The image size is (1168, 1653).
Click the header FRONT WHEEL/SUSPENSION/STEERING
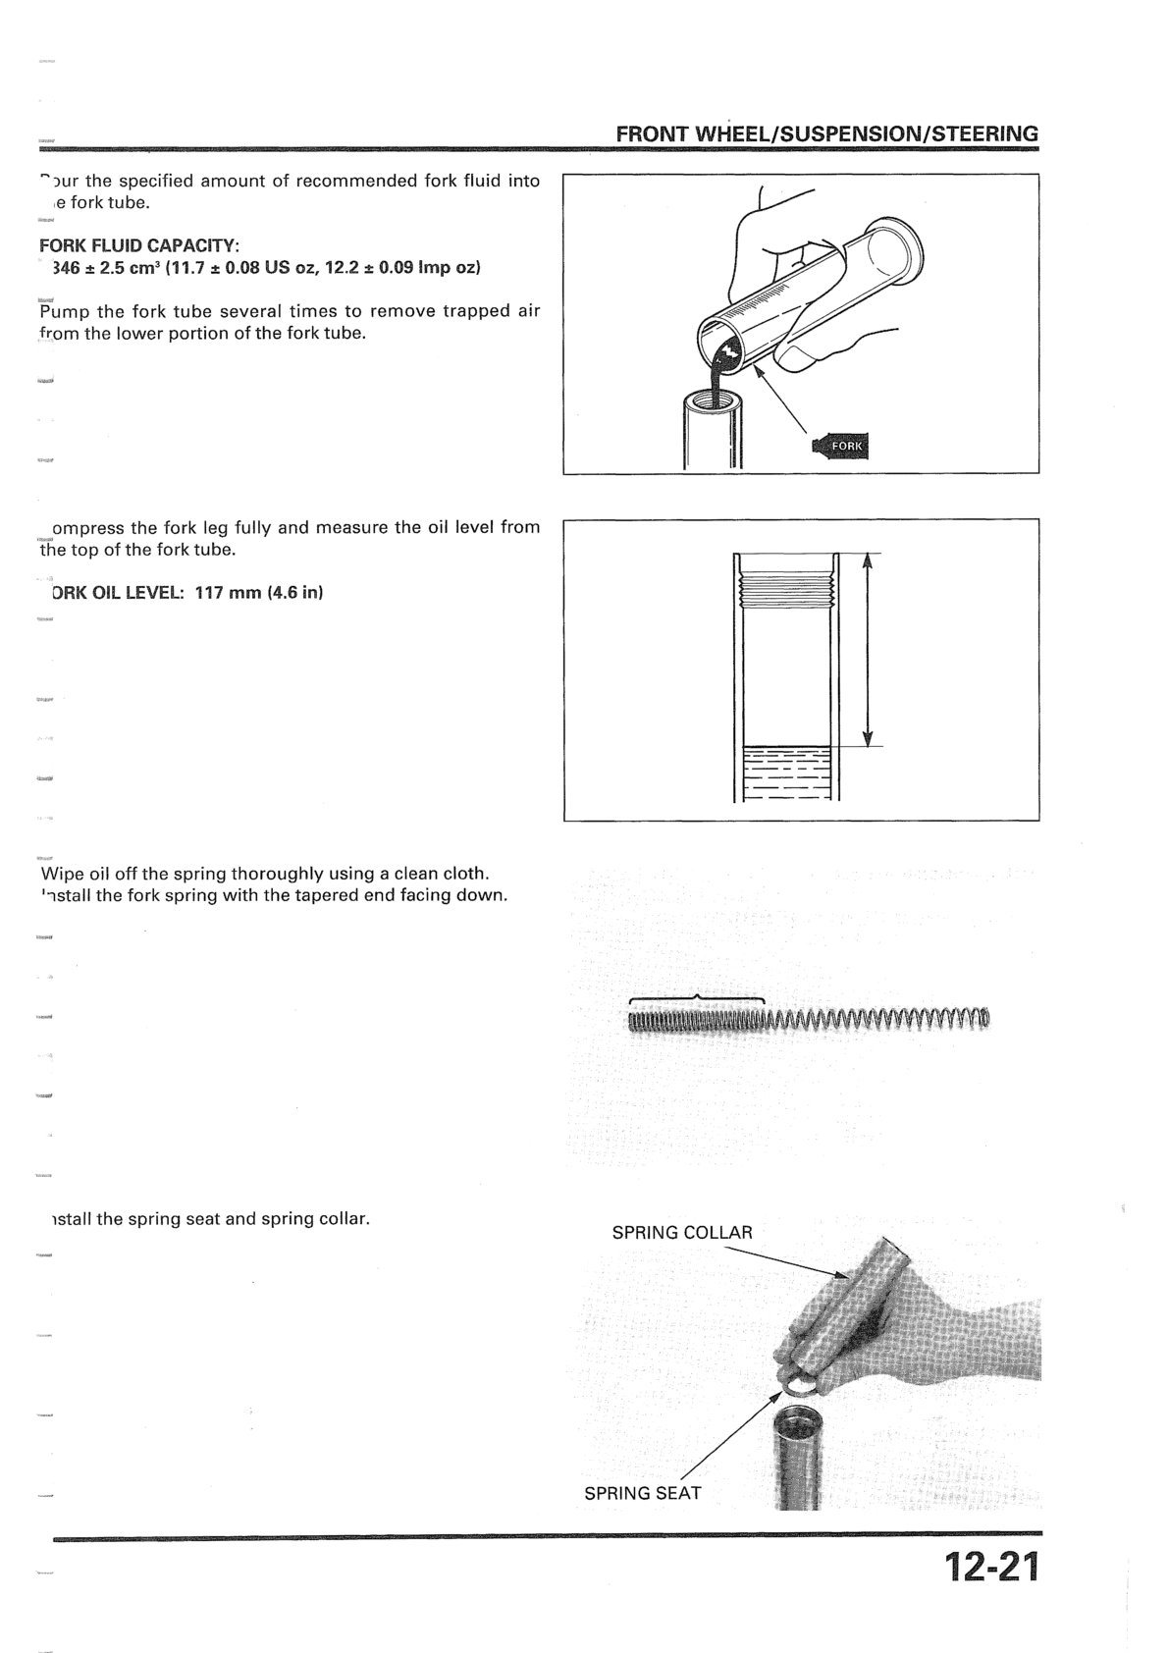(826, 133)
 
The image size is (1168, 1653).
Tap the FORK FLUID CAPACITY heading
(139, 244)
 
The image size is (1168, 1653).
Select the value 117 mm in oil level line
(228, 593)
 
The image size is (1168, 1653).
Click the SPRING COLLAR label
(682, 1233)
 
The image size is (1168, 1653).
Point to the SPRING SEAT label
(643, 1493)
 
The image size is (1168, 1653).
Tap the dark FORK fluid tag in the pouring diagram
(843, 446)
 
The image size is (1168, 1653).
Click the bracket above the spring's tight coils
(696, 998)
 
